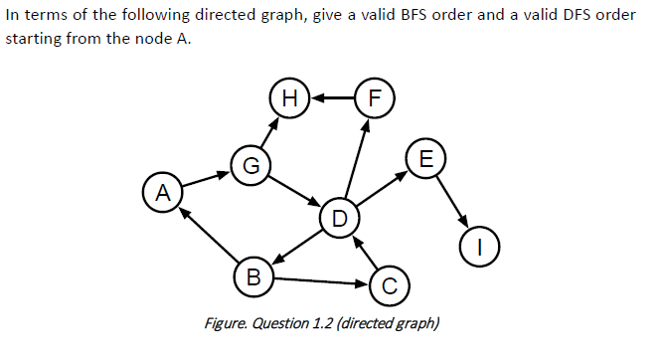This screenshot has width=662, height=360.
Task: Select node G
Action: coord(249,165)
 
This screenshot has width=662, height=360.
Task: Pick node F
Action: coord(374,97)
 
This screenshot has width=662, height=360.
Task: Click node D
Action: coord(339,218)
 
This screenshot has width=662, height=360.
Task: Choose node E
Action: coord(426,159)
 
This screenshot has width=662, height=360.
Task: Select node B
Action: coord(252,275)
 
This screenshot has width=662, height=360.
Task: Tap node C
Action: coord(389,286)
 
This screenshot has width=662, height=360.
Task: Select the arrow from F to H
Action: coord(332,97)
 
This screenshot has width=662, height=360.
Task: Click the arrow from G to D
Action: coord(294,192)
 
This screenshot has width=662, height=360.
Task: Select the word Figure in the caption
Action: coord(227,323)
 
